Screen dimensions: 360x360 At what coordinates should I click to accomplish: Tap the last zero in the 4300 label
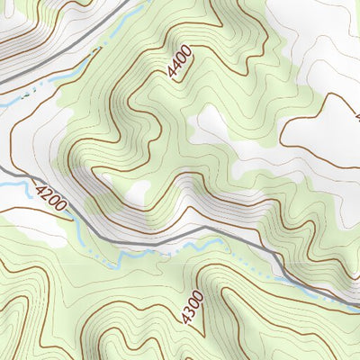pos(195,295)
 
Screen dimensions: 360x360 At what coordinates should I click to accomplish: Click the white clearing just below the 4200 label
pos(36,229)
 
